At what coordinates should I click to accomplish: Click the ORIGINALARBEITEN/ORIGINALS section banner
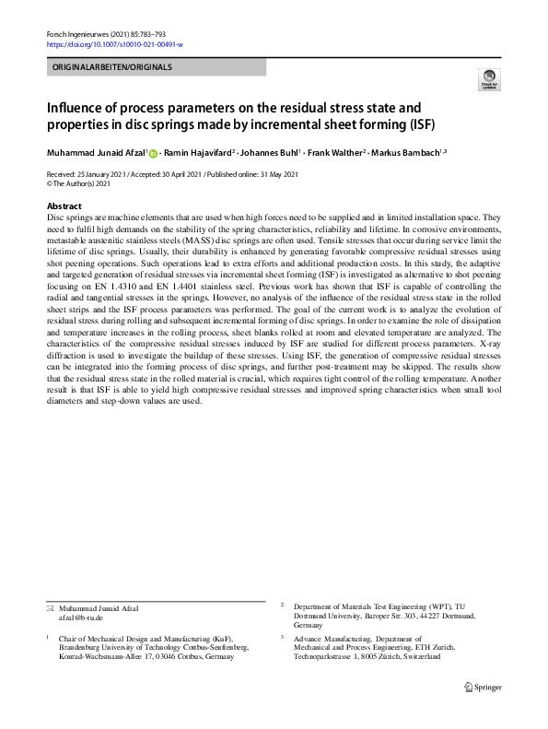pos(156,67)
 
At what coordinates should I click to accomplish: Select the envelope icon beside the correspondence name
pos(51,608)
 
